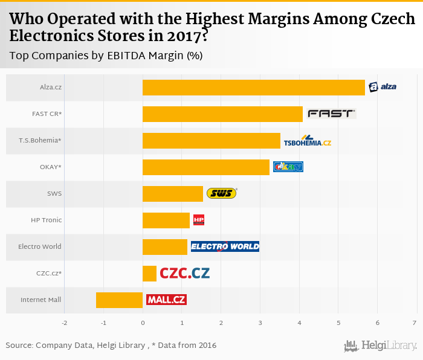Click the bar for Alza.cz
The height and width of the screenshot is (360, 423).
point(254,88)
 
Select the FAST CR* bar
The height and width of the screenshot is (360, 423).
point(222,114)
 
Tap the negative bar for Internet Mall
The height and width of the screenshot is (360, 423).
point(119,300)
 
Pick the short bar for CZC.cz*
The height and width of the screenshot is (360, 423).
point(149,274)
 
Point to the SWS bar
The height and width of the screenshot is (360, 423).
point(173,194)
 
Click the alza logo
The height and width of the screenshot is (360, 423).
point(383,87)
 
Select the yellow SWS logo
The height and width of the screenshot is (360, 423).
point(222,193)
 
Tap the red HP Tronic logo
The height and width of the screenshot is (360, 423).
point(199,220)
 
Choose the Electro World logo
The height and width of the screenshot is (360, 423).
point(225,246)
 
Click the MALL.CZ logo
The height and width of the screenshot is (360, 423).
point(166,299)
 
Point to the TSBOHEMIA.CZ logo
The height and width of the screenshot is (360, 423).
point(308,141)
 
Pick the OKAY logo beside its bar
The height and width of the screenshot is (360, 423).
point(288,167)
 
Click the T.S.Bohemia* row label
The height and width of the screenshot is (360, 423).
point(40,141)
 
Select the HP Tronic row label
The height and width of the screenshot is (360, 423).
point(47,220)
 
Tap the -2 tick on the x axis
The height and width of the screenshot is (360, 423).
point(65,323)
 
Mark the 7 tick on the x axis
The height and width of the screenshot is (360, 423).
point(415,323)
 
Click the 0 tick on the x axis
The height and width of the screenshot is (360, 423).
point(143,323)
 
